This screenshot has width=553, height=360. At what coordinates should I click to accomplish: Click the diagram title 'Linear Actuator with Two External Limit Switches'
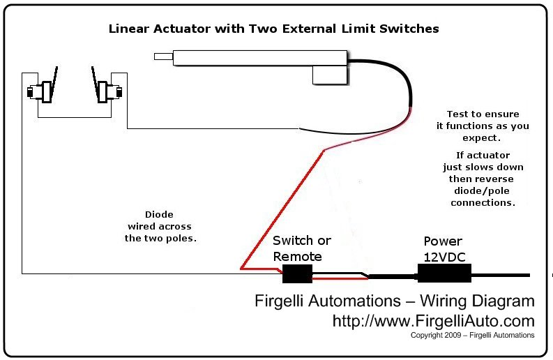click(273, 29)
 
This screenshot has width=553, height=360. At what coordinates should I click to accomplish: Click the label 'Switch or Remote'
click(301, 248)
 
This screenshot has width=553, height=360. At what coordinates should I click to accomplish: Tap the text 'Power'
click(443, 241)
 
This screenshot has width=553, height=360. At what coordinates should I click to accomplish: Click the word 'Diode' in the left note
click(160, 215)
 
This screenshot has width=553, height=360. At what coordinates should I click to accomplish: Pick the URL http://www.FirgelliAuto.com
click(432, 321)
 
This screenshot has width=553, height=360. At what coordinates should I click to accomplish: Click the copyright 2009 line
click(473, 336)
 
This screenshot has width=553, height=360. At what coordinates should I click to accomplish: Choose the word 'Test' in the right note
click(460, 114)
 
